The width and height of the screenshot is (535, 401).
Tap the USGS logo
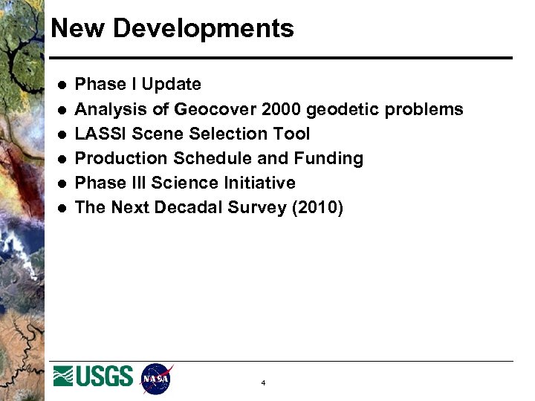click(x=93, y=376)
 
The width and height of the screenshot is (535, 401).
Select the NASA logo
click(x=157, y=378)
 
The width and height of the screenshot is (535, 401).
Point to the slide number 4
click(x=263, y=383)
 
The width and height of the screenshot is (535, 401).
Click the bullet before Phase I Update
click(x=59, y=85)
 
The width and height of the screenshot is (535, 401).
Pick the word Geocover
click(x=215, y=110)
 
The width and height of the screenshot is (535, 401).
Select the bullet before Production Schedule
click(x=59, y=159)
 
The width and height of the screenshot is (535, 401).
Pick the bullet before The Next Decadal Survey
click(x=59, y=208)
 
